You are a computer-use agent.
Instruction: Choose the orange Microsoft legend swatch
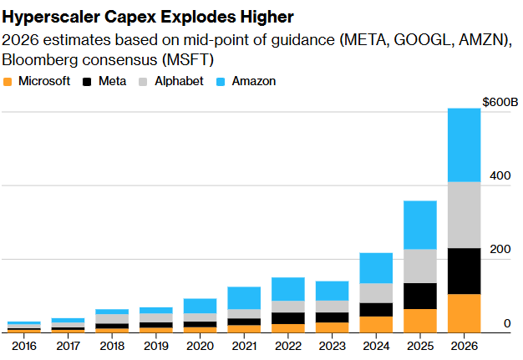pyautogui.click(x=8, y=82)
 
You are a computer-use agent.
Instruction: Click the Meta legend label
pyautogui.click(x=113, y=82)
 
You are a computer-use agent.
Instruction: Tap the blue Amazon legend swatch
pyautogui.click(x=220, y=82)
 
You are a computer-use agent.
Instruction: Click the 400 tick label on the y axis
pyautogui.click(x=500, y=176)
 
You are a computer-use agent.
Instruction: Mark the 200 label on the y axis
pyautogui.click(x=500, y=250)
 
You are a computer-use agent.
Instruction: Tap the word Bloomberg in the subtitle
pyautogui.click(x=38, y=60)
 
